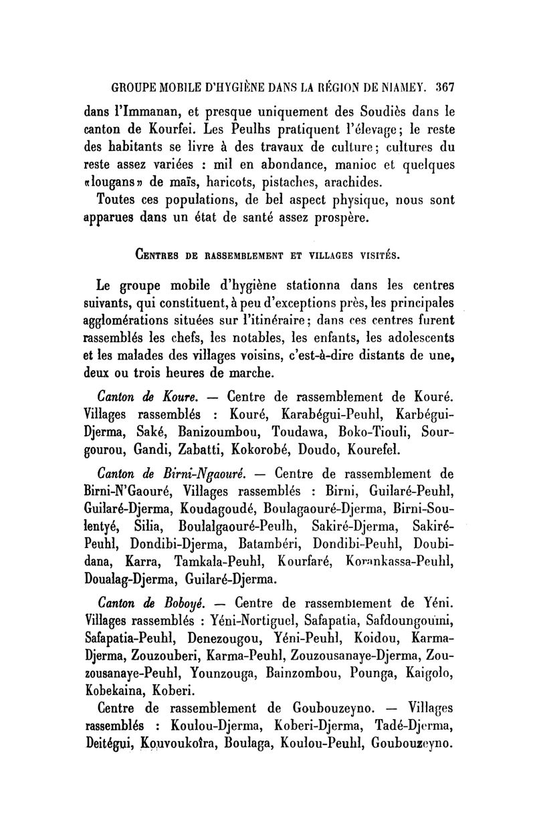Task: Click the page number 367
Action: coord(443,86)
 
